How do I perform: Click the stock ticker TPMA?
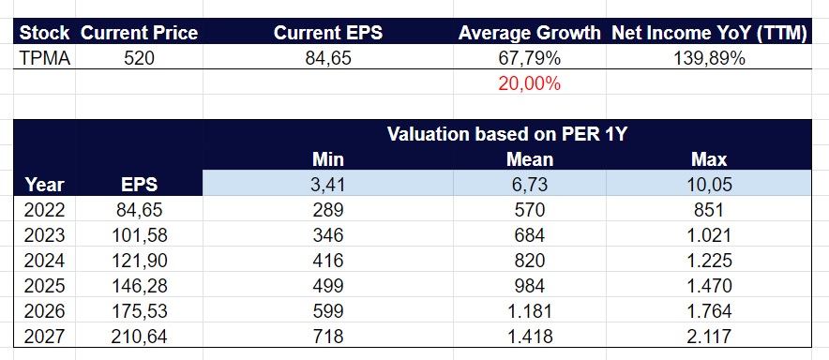44,58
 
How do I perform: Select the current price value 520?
139,58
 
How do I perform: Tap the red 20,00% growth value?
530,83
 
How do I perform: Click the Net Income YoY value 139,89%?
710,58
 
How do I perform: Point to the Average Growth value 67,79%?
530,58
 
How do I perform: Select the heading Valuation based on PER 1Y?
506,133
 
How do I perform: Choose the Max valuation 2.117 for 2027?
710,334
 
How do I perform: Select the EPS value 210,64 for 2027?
139,334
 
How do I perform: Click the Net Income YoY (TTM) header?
710,33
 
